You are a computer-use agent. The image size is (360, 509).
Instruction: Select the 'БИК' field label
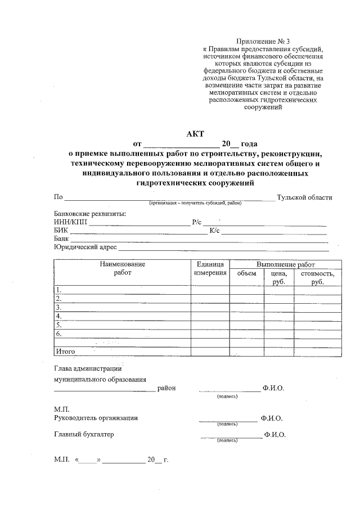(x=61, y=231)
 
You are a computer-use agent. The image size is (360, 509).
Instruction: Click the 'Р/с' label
(x=196, y=222)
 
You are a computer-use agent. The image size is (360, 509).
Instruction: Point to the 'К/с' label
(x=214, y=231)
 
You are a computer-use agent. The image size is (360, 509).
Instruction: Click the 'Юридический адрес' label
(x=85, y=247)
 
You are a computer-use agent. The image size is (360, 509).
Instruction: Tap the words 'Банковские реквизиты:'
(x=89, y=214)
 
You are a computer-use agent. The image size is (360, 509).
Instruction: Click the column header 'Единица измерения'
(x=210, y=269)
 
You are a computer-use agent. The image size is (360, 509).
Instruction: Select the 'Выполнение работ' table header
(x=285, y=264)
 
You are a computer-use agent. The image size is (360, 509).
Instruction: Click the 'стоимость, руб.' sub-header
(x=317, y=277)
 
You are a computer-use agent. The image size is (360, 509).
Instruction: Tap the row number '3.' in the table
(x=58, y=308)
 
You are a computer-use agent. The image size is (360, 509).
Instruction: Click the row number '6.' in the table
(x=58, y=334)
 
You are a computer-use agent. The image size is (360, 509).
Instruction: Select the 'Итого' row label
(x=65, y=352)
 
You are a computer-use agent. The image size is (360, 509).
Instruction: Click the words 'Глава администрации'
(x=88, y=369)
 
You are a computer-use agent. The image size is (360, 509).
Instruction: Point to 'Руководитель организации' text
(x=96, y=418)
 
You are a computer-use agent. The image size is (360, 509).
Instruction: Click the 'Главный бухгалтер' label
(x=84, y=435)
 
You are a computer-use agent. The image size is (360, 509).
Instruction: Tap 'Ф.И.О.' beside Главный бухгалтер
(x=275, y=435)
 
